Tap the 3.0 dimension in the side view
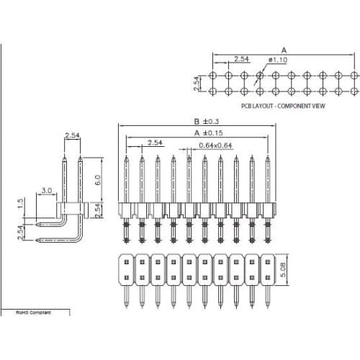[47, 191]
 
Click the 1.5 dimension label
[22, 206]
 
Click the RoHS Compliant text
[35, 313]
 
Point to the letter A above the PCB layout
[284, 50]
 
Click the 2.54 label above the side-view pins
[72, 135]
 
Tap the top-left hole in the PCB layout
[213, 75]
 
